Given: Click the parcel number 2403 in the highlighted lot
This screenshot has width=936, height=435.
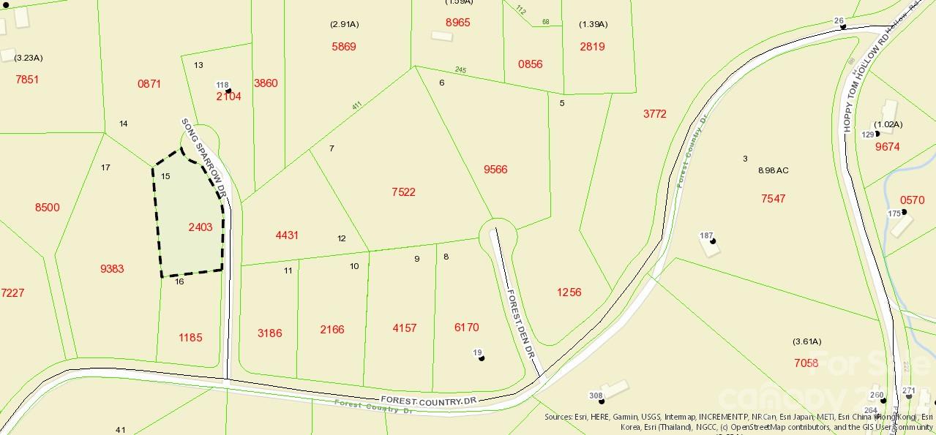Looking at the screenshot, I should pos(200,227).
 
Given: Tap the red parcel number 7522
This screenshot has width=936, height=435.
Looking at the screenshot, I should pos(403,192).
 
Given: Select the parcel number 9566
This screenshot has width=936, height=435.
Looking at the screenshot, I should pos(495,170).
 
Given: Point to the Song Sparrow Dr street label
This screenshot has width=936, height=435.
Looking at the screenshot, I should pos(206,157).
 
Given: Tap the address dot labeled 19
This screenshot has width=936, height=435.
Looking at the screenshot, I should pos(482,358).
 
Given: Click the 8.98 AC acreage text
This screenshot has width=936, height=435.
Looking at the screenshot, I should pos(773,170).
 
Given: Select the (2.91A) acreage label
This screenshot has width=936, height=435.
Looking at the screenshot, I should pos(344,24).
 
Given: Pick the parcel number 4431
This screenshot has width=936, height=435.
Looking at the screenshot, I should pos(287,235).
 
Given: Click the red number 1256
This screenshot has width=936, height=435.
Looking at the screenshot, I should pos(569,292).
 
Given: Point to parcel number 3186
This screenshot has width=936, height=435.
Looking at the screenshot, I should pos(269,333).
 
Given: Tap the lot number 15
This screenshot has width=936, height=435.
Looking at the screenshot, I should pos(165,176).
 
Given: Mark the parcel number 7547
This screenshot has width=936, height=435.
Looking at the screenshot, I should pos(773,199).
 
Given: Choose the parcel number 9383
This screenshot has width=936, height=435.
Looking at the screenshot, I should pos(112,269).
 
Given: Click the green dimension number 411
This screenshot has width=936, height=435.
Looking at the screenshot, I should pos(356,105).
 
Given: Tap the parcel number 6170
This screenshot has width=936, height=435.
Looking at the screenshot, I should pos(467,328).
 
